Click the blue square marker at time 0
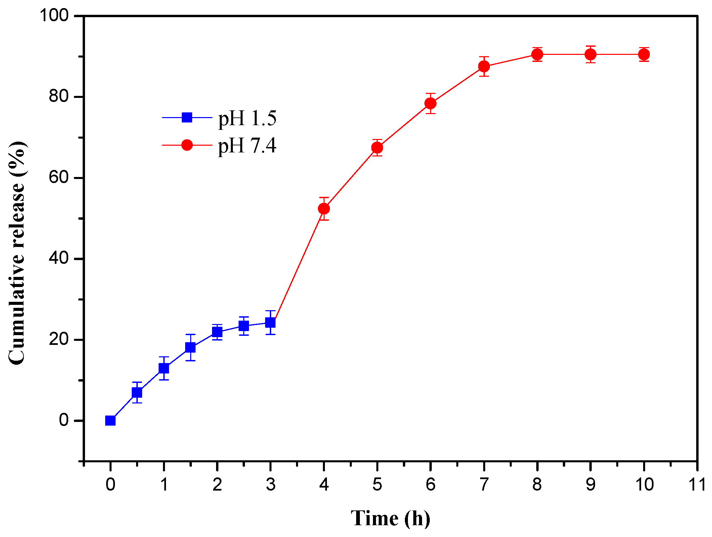[110, 421]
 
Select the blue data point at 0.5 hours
[137, 392]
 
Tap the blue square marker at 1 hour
[164, 368]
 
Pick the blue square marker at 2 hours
[217, 332]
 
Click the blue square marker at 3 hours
[270, 323]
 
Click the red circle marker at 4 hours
[324, 209]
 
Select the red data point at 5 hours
[377, 148]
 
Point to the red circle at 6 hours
[430, 103]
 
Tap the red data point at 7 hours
[484, 66]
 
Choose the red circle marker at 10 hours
[644, 54]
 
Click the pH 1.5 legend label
[247, 118]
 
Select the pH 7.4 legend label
[247, 146]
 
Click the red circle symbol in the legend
[187, 145]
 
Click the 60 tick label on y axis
[58, 177]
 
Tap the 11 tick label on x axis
[697, 485]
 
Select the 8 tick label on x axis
[537, 485]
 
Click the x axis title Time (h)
[390, 518]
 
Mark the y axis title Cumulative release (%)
[17, 252]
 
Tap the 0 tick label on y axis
[64, 420]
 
